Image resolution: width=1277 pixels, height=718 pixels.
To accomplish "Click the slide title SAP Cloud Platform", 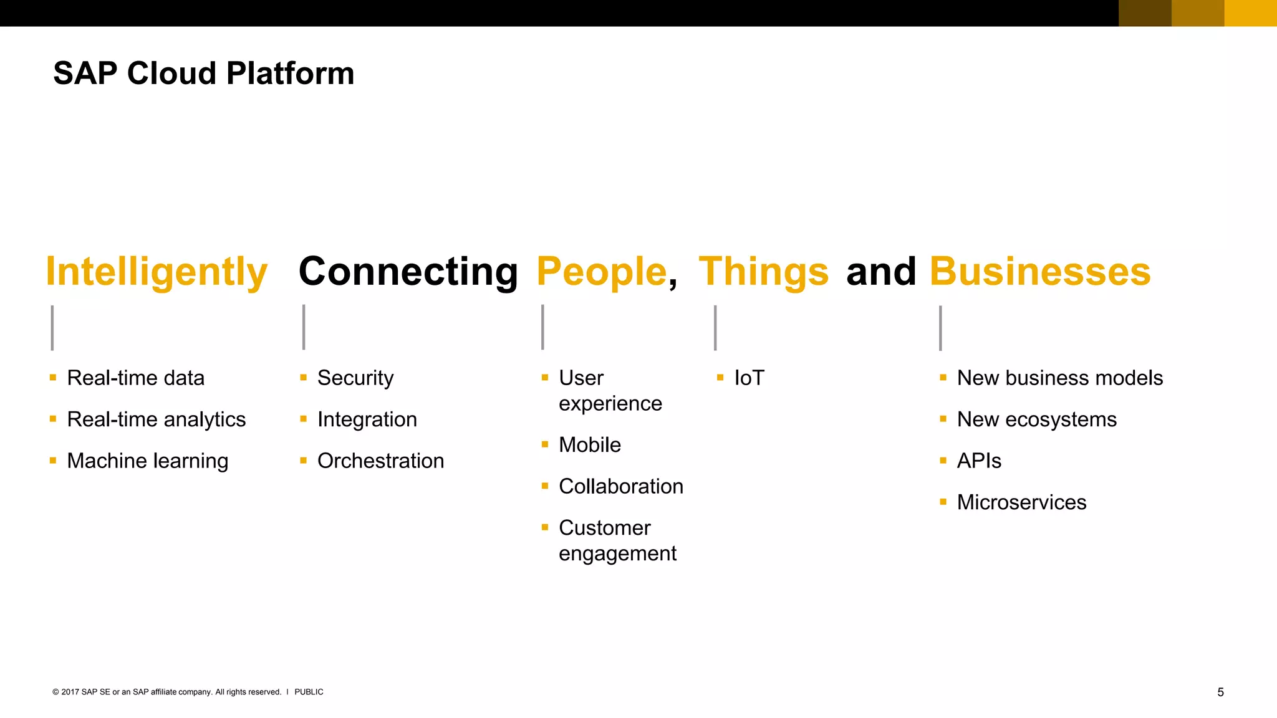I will tap(203, 74).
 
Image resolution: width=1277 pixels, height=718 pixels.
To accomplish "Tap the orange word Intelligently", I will tap(157, 272).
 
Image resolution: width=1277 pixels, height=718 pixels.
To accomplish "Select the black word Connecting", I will tap(408, 272).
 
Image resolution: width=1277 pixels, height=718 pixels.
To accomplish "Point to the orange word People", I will tap(602, 272).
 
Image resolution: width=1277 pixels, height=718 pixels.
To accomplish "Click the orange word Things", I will tap(763, 272).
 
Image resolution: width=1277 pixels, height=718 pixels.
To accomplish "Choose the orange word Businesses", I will tap(1040, 272).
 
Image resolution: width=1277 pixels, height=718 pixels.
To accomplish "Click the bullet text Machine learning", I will tap(147, 461).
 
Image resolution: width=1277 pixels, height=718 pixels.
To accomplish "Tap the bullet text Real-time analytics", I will tap(156, 419).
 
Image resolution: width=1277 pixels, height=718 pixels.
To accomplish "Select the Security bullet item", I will tap(355, 378).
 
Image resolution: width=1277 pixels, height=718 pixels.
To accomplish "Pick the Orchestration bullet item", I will tap(380, 461).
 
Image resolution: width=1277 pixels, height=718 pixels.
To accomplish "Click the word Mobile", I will tap(590, 444).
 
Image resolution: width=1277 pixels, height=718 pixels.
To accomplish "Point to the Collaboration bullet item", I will tap(621, 486).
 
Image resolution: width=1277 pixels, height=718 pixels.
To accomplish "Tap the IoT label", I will tap(749, 378).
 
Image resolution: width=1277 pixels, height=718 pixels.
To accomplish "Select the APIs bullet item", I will tap(979, 461).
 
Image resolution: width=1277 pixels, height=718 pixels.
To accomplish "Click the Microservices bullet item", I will tap(1021, 502).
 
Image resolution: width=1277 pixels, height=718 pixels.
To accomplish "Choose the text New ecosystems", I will tap(1036, 419).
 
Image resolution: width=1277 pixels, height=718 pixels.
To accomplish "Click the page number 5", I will tap(1220, 692).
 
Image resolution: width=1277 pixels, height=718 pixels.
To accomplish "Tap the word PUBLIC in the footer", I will tap(309, 692).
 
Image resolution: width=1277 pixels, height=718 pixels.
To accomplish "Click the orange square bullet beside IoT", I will tap(720, 377).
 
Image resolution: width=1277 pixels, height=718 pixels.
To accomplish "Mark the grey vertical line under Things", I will tap(715, 328).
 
